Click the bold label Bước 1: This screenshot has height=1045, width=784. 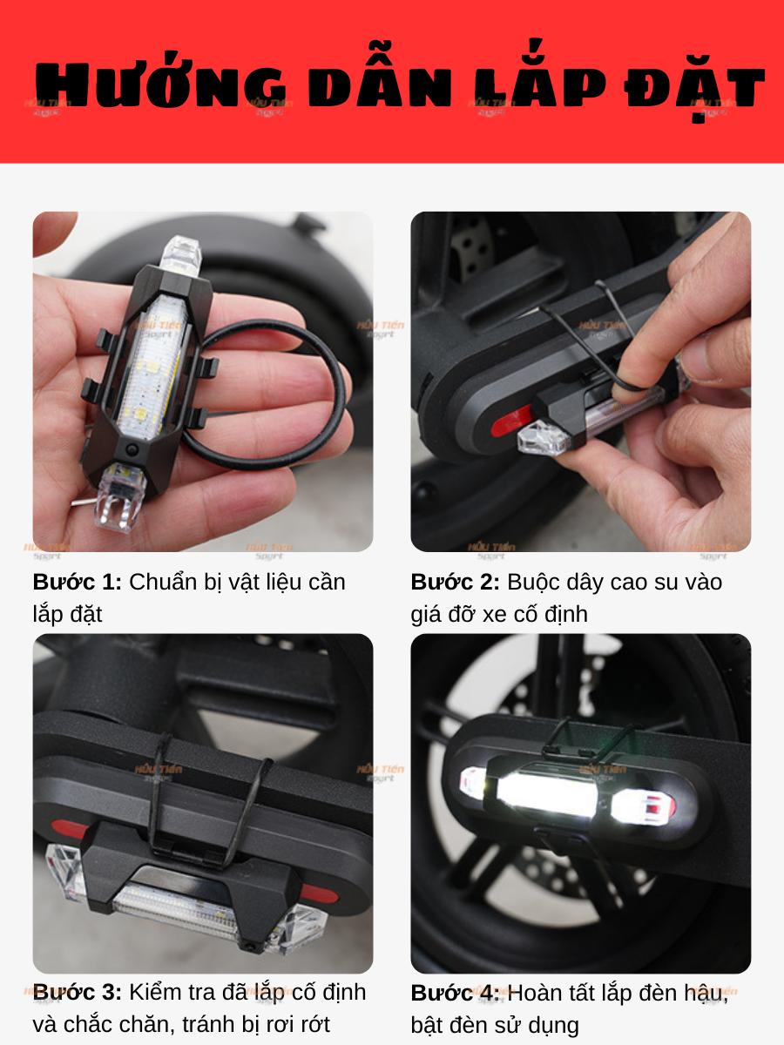coord(78,582)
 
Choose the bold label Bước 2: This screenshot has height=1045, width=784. coord(455,582)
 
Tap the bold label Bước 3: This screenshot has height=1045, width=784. coord(78,992)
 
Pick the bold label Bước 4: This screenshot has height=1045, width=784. coord(455,993)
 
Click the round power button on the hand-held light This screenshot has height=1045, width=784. coord(132,448)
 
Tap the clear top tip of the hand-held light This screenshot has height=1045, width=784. coord(181,255)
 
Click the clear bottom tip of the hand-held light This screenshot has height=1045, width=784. coord(119,497)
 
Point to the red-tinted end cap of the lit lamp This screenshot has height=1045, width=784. coord(644,806)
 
